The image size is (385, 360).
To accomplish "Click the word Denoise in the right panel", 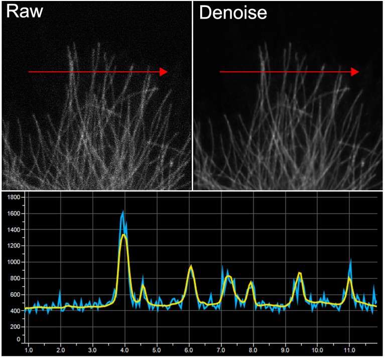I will coord(233,13).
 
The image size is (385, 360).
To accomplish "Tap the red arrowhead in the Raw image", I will coord(163,72).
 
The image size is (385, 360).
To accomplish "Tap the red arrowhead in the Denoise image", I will coord(355,72).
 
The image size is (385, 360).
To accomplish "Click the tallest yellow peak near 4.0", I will coord(123,234).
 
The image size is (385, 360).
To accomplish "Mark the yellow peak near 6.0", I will coord(191,268).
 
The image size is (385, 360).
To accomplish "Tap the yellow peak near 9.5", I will coord(299,273).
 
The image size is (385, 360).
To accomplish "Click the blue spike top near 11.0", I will coord(350,259).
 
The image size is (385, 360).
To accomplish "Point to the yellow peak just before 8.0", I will coord(250,283).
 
